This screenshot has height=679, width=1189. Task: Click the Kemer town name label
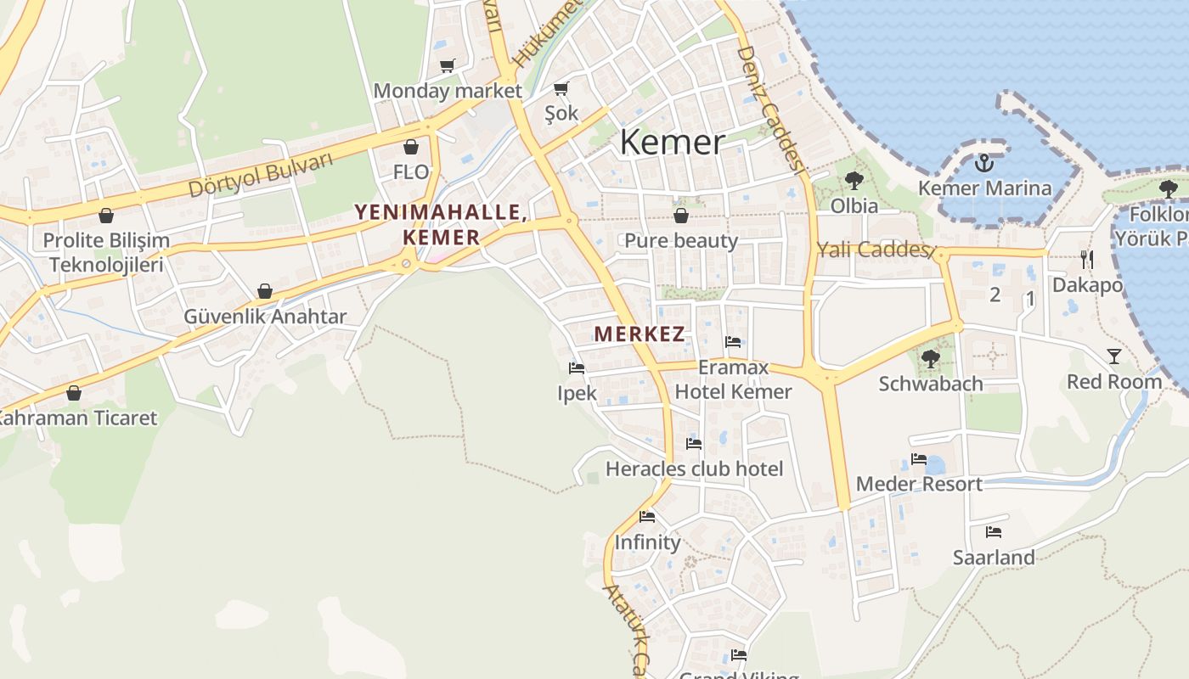[672, 142]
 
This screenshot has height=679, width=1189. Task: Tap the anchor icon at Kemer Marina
[984, 163]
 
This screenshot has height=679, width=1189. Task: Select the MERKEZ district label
[639, 334]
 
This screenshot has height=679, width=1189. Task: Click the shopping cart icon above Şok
[561, 88]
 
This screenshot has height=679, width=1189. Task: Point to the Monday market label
[448, 90]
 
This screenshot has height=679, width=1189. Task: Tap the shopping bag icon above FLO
[411, 147]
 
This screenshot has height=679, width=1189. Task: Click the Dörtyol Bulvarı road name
[261, 176]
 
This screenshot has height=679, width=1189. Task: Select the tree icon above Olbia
[854, 180]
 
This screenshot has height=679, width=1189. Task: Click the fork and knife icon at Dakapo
[1087, 259]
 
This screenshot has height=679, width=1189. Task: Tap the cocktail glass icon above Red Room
[1114, 356]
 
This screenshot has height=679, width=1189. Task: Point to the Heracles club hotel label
[694, 469]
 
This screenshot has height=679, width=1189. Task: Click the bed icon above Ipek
[577, 368]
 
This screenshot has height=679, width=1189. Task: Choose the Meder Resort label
[919, 484]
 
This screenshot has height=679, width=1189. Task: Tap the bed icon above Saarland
[993, 532]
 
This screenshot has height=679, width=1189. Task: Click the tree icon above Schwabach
[931, 358]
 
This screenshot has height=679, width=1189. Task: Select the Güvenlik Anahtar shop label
[265, 317]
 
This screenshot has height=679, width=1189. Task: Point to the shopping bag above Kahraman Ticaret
[74, 393]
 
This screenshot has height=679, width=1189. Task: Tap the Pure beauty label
[681, 240]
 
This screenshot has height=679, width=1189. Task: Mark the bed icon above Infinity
[647, 516]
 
